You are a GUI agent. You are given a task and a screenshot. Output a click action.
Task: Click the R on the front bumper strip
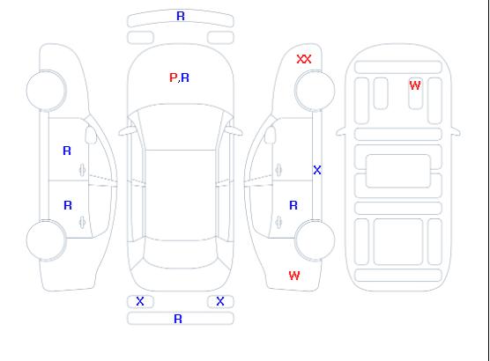(181, 16)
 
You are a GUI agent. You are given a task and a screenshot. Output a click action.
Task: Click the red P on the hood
(173, 77)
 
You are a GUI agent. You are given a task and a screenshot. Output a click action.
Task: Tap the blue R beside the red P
(185, 77)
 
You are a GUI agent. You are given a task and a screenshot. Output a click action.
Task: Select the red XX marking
(304, 59)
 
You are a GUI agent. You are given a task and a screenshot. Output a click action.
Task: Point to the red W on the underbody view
(415, 85)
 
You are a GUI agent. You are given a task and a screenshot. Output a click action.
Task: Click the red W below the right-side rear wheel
(294, 276)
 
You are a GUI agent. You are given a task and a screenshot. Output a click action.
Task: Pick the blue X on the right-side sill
(317, 170)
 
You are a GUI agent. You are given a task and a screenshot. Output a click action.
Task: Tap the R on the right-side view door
(293, 205)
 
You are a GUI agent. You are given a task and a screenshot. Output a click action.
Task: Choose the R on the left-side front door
(67, 151)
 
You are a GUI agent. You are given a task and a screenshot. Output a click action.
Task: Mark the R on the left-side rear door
(68, 205)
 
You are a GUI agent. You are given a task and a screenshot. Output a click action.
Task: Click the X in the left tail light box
(140, 301)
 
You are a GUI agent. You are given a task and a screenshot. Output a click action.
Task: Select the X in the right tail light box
(220, 301)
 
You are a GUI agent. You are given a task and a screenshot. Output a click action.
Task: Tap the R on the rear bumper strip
(178, 319)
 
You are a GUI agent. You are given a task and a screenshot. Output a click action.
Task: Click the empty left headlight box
(140, 38)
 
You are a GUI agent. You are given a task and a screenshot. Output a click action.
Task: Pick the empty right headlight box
(220, 38)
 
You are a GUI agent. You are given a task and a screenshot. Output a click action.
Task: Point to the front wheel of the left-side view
(46, 91)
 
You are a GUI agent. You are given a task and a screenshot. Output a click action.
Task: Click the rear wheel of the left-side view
(46, 240)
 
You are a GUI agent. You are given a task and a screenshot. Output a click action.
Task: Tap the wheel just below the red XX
(315, 91)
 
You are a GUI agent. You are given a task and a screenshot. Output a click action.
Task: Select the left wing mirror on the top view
(126, 131)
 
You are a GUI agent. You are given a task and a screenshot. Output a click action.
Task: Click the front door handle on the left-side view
(83, 170)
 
